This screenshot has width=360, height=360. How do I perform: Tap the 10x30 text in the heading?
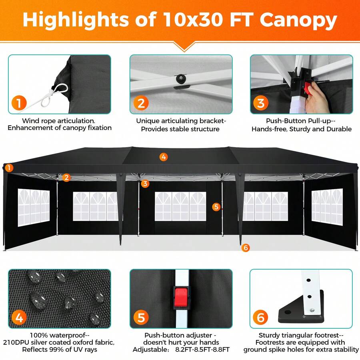click(x=193, y=19)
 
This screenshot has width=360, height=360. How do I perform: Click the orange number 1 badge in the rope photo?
click(x=19, y=103)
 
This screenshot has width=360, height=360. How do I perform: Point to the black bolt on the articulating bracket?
click(x=181, y=78)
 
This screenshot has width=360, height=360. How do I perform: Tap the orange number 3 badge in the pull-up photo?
click(x=261, y=103)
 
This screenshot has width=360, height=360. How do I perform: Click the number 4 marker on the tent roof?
click(x=164, y=157)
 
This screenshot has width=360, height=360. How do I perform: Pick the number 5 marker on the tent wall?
click(x=216, y=207)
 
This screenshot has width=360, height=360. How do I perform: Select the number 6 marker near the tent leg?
click(x=246, y=248)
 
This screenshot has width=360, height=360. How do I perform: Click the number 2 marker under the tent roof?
click(x=66, y=178)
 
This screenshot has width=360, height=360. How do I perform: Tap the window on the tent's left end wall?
click(x=34, y=207)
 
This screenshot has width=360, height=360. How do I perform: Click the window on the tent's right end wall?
click(x=327, y=207)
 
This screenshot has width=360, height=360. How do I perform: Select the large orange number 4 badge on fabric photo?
click(x=19, y=318)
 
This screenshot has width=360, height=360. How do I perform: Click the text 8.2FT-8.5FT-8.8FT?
click(x=202, y=350)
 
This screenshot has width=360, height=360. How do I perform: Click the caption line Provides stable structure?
click(x=180, y=129)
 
